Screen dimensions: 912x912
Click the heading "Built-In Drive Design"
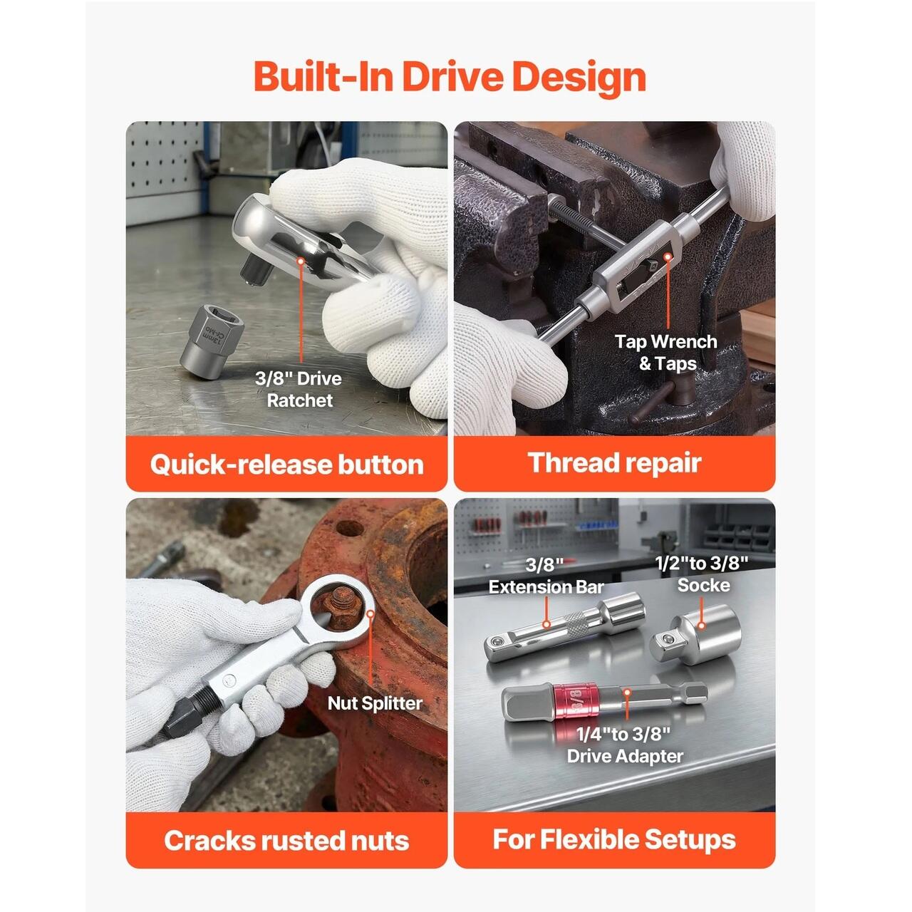click(x=450, y=77)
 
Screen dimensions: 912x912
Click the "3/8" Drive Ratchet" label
click(x=299, y=389)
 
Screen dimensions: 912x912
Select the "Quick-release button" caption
click(x=287, y=465)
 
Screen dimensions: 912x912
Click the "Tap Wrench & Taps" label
click(x=666, y=352)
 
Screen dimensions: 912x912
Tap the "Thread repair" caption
click(x=614, y=462)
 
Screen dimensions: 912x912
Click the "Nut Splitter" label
click(x=375, y=703)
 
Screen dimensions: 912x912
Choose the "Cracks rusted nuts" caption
click(x=287, y=841)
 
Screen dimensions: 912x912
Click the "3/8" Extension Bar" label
click(x=546, y=576)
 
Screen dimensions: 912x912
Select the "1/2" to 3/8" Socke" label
click(x=702, y=574)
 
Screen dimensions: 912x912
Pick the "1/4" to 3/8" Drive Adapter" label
click(x=625, y=745)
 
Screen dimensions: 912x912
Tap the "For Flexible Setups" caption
click(x=614, y=839)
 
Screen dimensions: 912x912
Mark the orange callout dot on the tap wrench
click(x=668, y=257)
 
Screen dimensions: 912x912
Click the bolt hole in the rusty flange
click(x=349, y=528)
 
